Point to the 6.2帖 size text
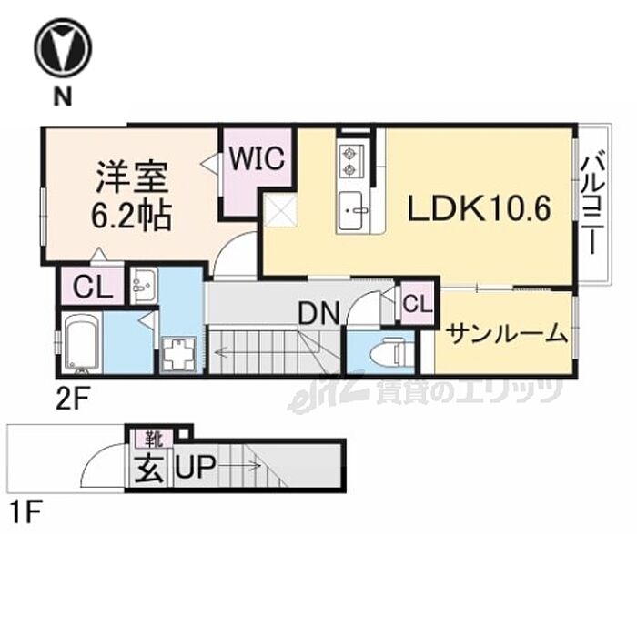coord(130,218)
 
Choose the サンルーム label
coord(505,334)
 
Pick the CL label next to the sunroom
coord(416,303)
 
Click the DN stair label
coord(319,314)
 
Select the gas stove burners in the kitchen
coord(351,161)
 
